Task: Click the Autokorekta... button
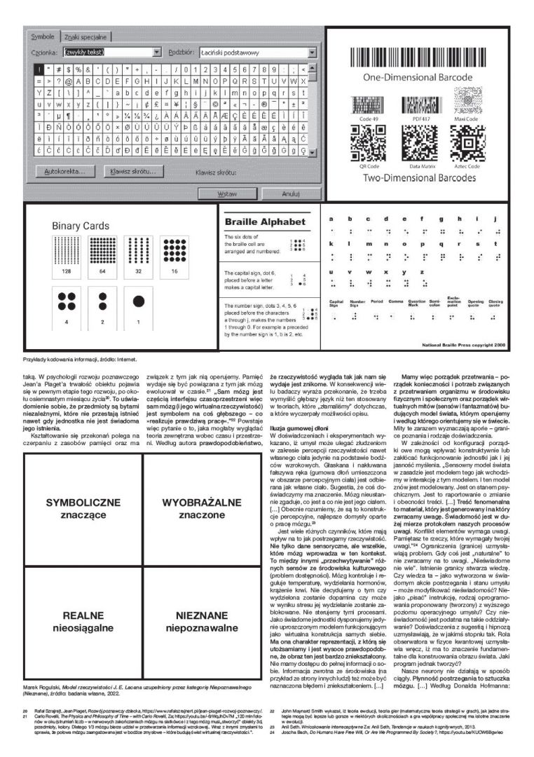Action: click(62, 171)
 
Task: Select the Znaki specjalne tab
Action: click(86, 36)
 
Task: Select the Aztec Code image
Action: click(463, 144)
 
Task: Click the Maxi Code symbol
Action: click(464, 105)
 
